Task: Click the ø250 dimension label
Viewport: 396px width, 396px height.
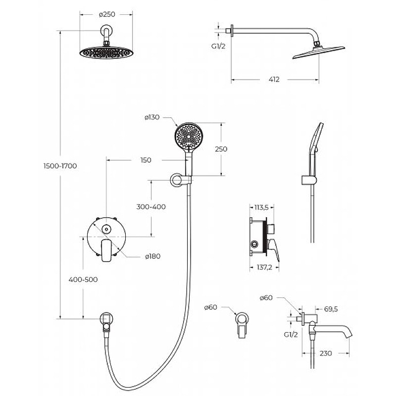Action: click(107, 14)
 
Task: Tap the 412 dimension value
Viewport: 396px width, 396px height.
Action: click(274, 80)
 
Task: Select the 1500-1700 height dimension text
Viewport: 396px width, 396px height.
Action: click(60, 166)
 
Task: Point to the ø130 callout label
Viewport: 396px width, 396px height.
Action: click(152, 117)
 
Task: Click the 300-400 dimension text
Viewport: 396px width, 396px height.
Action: click(151, 206)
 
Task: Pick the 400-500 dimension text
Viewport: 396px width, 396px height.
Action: click(83, 280)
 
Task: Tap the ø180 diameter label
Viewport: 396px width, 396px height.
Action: click(153, 256)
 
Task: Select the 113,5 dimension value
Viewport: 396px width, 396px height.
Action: click(261, 207)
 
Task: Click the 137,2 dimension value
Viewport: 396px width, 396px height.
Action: click(264, 267)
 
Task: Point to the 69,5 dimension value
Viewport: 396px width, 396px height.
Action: click(331, 309)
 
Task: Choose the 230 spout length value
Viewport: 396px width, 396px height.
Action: click(326, 353)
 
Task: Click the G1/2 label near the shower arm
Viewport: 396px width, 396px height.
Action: click(218, 46)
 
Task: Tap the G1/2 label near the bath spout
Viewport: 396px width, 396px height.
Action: click(291, 335)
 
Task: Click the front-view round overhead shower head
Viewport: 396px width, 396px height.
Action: click(106, 52)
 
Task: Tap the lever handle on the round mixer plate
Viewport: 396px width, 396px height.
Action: click(106, 251)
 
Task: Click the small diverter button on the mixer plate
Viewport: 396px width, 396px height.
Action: click(106, 229)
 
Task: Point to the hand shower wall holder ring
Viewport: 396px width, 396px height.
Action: click(177, 180)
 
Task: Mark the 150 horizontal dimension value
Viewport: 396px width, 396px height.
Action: click(146, 160)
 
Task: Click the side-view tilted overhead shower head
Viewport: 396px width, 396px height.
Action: click(319, 52)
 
